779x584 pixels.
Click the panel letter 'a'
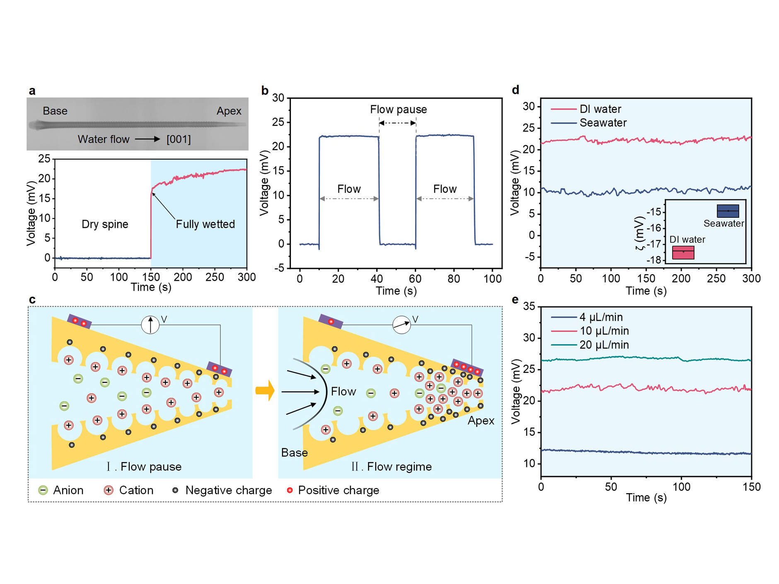[x=32, y=91]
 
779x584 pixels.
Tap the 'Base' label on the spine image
[x=55, y=111]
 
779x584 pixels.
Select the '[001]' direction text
[x=179, y=139]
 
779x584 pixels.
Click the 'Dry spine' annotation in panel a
[x=105, y=224]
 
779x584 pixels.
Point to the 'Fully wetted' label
[x=205, y=224]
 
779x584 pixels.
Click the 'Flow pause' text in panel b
[x=398, y=109]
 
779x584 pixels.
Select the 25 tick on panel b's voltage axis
[x=278, y=122]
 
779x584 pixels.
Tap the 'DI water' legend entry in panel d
[x=600, y=109]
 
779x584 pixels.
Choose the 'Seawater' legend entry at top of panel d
[x=603, y=123]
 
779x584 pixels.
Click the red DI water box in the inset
[x=683, y=252]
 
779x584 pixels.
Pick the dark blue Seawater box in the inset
[x=728, y=211]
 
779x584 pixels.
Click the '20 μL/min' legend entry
[x=604, y=345]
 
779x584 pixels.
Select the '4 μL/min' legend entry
[x=601, y=317]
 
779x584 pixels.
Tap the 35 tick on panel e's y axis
[x=529, y=307]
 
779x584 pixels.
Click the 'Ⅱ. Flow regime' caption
[x=392, y=467]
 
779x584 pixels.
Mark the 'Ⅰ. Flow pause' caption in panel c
[x=144, y=467]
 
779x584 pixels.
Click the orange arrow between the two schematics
[x=265, y=390]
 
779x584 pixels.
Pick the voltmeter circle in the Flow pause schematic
[x=150, y=325]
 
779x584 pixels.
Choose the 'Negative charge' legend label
[x=228, y=490]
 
